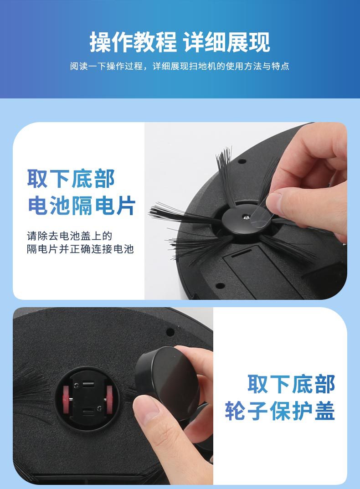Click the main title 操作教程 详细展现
point(180,42)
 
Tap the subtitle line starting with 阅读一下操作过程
point(180,66)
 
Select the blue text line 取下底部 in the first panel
point(71,178)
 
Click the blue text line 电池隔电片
point(82,206)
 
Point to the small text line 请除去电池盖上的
point(69,236)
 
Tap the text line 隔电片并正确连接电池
point(80,249)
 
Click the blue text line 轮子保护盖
point(280,411)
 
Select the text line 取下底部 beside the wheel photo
point(291,384)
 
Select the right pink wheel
point(109,400)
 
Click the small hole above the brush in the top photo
point(242,161)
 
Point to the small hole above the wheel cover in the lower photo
point(170,332)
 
